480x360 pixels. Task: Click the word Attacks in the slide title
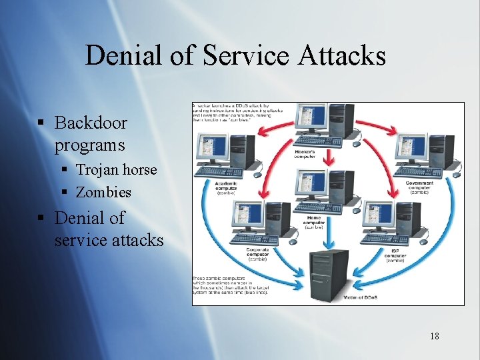342,55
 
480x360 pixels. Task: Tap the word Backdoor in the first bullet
91,123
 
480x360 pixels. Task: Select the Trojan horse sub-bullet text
116,169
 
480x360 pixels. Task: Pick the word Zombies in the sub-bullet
103,192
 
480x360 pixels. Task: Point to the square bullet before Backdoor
41,123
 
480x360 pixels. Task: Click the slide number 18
434,335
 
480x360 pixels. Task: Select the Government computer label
419,185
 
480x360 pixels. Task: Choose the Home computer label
315,222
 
